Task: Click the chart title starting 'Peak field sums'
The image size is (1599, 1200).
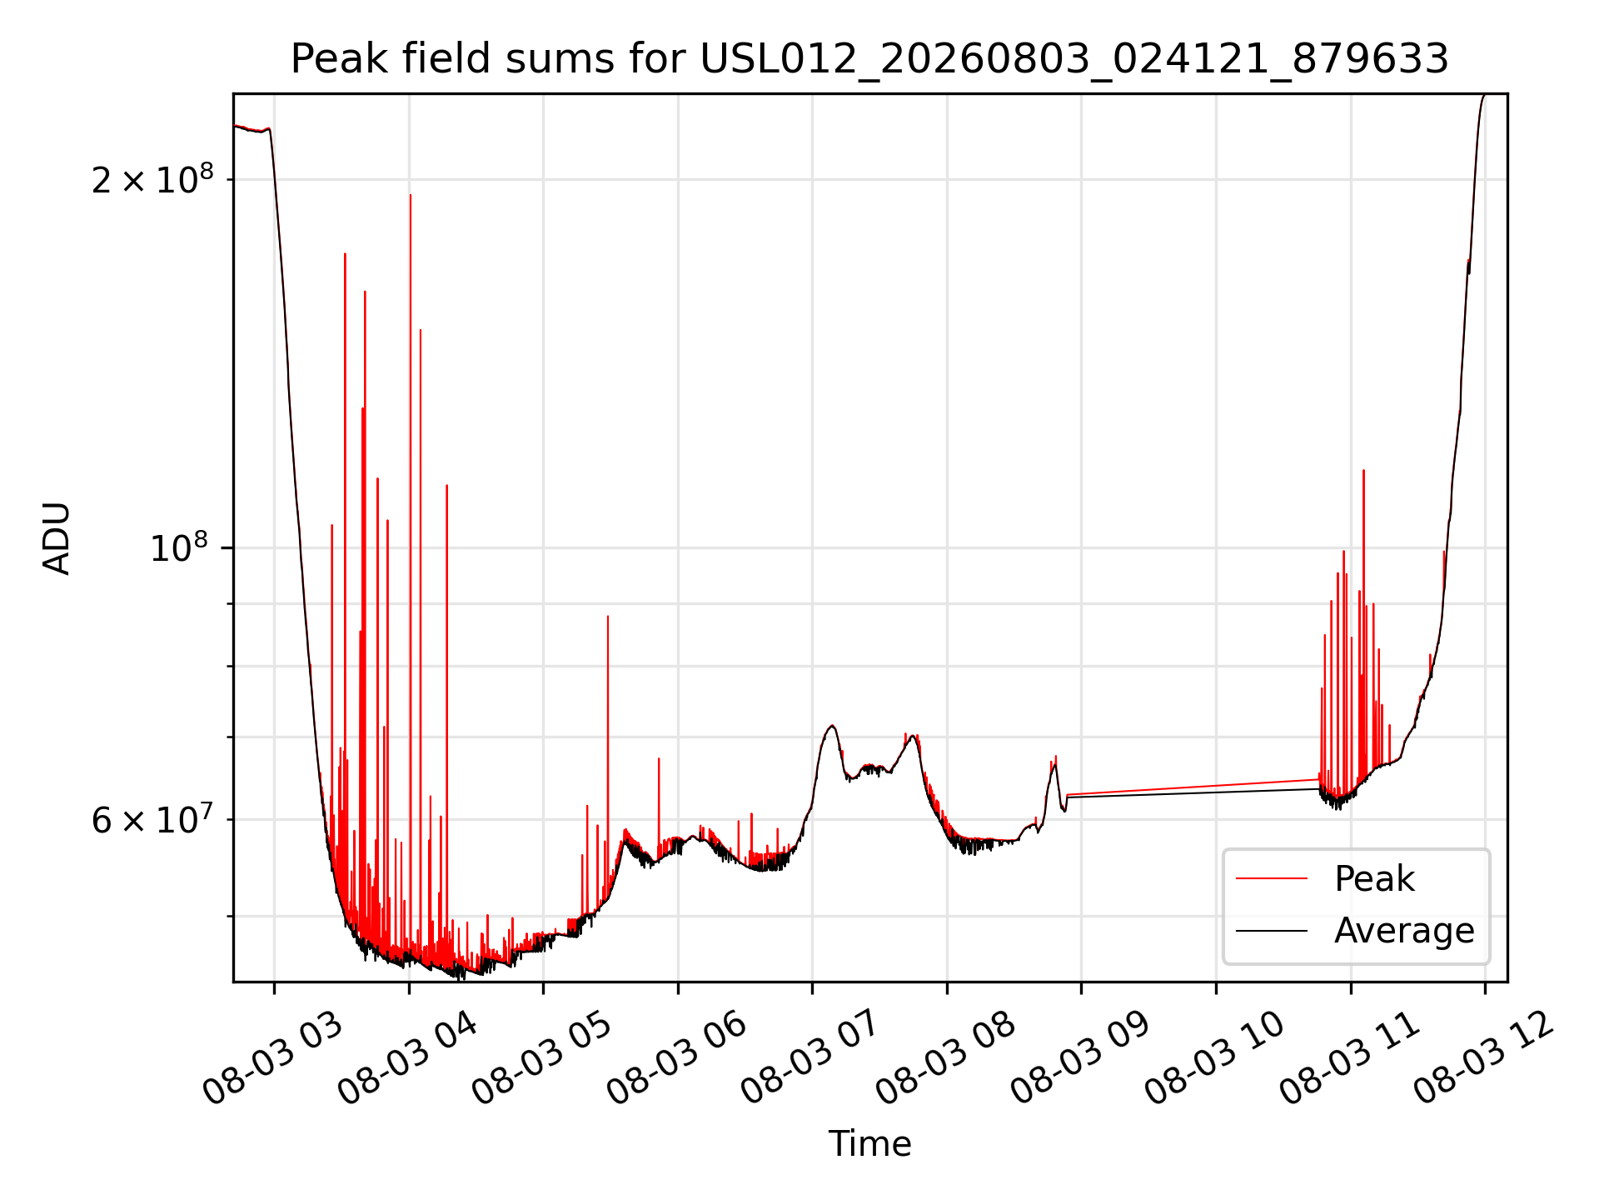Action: point(869,59)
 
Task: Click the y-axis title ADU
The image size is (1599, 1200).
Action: point(57,538)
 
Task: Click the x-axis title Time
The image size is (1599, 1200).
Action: point(869,1143)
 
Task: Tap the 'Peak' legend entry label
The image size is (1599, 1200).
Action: point(1374,879)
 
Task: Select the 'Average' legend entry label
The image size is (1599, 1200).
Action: point(1404,930)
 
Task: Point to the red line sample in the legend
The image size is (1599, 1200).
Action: point(1272,879)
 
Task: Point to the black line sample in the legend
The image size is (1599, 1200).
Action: point(1272,931)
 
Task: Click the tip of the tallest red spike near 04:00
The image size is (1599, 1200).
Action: point(411,195)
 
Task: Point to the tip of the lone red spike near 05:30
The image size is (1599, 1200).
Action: point(608,616)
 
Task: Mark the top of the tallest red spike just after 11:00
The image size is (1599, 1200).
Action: point(1363,471)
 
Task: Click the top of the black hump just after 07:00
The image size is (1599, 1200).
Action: point(831,726)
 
